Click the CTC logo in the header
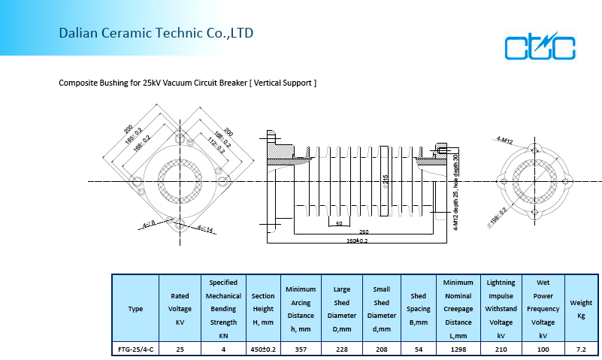point(540,47)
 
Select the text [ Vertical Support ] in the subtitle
point(283,83)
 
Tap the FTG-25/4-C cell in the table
point(135,349)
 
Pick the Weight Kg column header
point(580,309)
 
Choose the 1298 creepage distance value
point(458,349)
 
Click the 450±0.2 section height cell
point(263,349)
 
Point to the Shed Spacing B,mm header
point(419,309)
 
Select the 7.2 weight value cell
point(580,349)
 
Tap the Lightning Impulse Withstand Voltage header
point(501,309)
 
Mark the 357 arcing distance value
point(300,349)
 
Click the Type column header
point(135,309)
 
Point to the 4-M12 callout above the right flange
point(504,140)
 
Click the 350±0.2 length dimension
point(357,241)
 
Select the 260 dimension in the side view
point(364,231)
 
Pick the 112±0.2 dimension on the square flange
point(215,145)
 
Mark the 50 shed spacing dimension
point(339,223)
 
